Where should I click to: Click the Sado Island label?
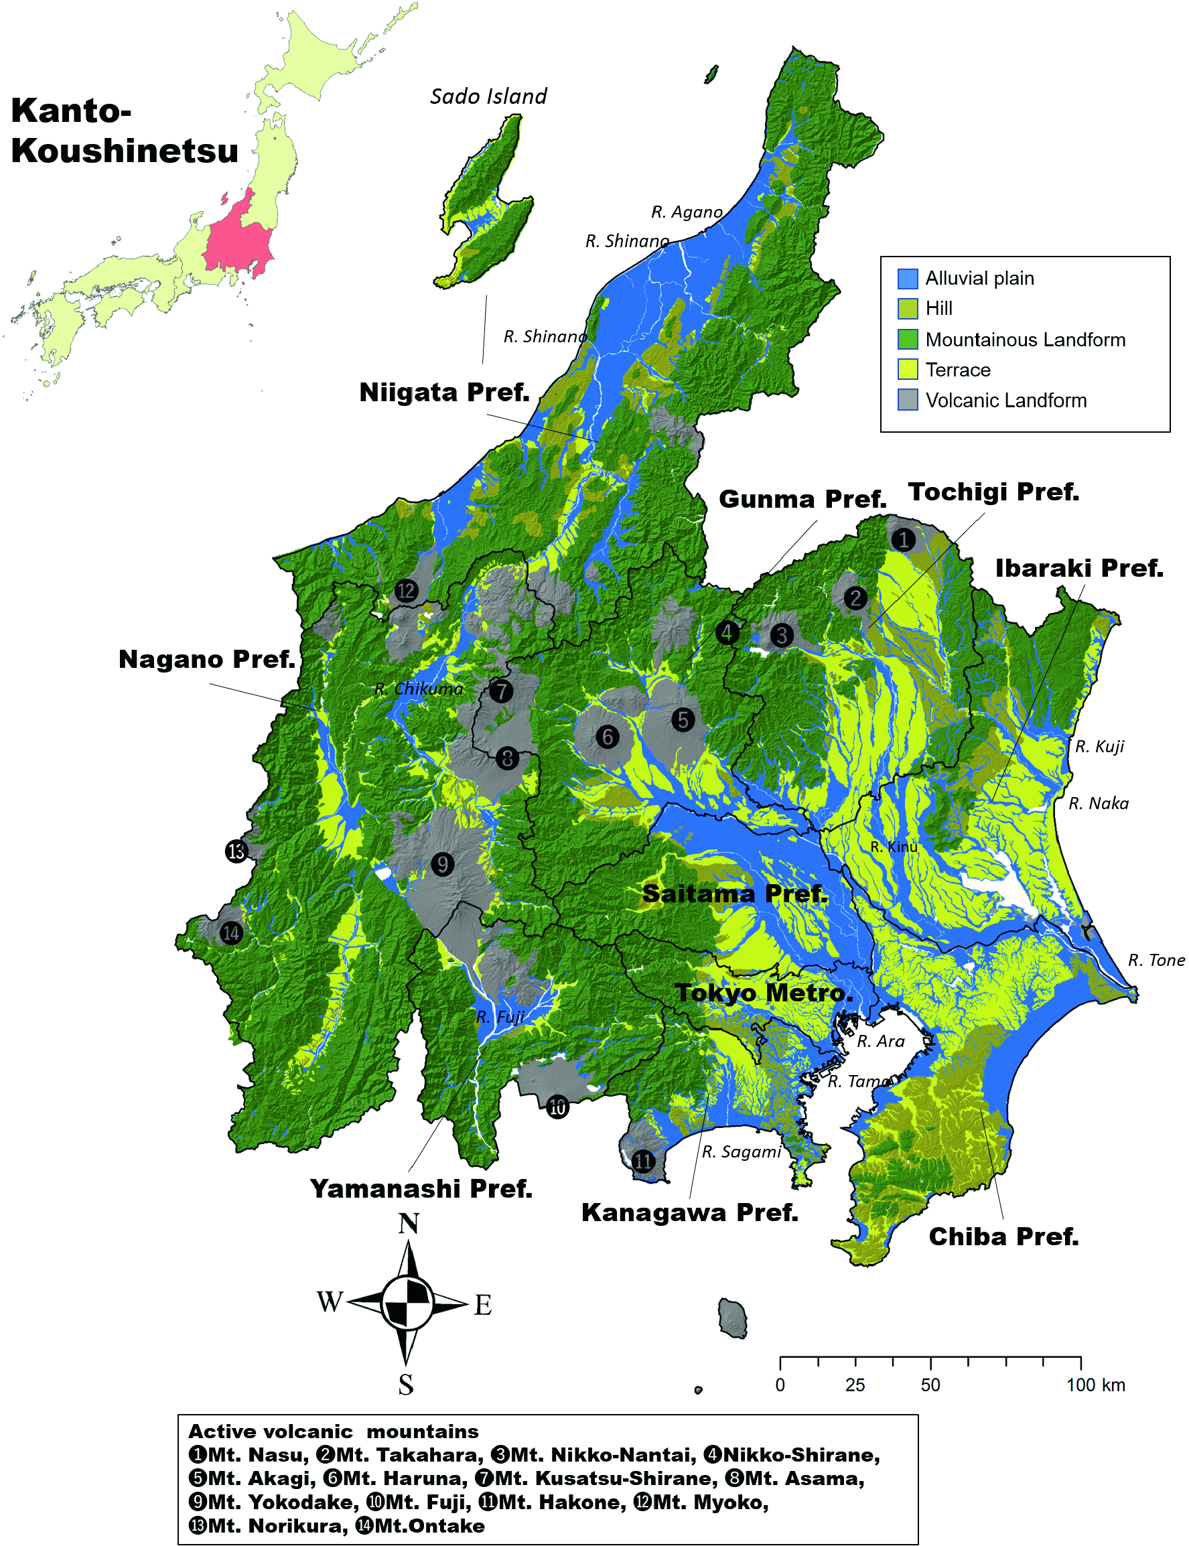[x=488, y=96]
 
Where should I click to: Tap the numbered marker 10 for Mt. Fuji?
[x=558, y=1107]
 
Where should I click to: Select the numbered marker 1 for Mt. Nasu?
[x=902, y=541]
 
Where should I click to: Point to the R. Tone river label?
[x=1156, y=960]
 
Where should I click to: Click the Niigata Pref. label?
[x=445, y=392]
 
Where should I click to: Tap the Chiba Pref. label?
[x=1003, y=1237]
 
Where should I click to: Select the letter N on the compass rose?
[x=409, y=1224]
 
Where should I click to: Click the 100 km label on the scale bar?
[x=1095, y=1385]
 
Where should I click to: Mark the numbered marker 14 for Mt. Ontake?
[x=230, y=933]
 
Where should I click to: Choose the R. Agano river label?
[x=687, y=212]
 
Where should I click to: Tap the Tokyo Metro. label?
[x=764, y=993]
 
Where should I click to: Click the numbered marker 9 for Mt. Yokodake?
[x=442, y=864]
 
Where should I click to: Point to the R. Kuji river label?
[x=1099, y=746]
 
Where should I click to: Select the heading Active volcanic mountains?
[x=334, y=1431]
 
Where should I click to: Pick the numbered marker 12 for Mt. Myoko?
[x=406, y=591]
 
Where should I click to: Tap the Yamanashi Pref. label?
[x=421, y=1189]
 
